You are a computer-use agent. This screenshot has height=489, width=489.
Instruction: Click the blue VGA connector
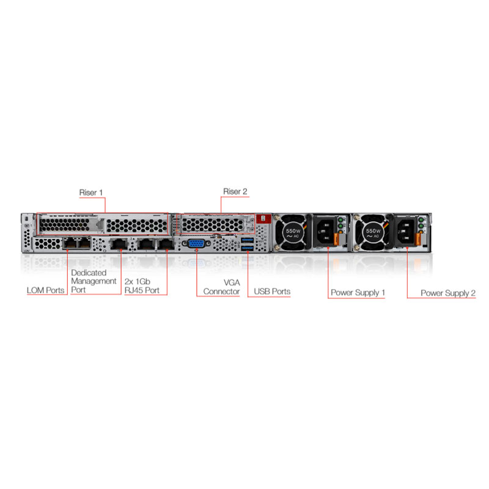pos(196,243)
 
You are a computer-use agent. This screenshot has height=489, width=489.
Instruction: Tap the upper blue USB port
pos(248,240)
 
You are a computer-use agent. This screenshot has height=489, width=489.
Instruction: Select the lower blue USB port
pos(248,248)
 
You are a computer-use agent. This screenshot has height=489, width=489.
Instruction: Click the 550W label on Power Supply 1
pos(293,231)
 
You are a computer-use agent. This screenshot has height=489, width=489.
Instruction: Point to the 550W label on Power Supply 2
pos(373,231)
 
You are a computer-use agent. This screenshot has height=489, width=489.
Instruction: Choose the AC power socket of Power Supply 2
pos(405,231)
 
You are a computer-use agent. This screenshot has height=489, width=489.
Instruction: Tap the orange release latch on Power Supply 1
pos(336,239)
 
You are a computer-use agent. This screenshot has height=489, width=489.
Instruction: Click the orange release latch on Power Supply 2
pos(418,239)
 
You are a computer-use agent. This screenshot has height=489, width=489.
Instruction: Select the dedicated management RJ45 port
pos(119,243)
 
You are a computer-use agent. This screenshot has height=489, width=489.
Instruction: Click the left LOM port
pos(70,243)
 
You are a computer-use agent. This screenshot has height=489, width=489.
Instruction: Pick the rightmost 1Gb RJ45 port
pos(166,243)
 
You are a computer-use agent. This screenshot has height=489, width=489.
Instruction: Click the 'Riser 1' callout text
pos(91,193)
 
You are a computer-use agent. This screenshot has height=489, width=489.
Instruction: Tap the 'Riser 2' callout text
pos(235,191)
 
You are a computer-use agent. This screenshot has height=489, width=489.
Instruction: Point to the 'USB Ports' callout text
pos(272,292)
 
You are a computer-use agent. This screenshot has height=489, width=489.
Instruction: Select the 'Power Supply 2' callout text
pos(448,293)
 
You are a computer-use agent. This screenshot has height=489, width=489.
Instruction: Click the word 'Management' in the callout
pos(94,281)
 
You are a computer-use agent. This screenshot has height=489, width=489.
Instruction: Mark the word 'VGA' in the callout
pos(232,282)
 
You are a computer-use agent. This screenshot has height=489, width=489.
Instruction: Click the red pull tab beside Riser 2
pos(263,218)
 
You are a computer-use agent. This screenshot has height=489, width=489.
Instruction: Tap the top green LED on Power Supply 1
pos(340,220)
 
